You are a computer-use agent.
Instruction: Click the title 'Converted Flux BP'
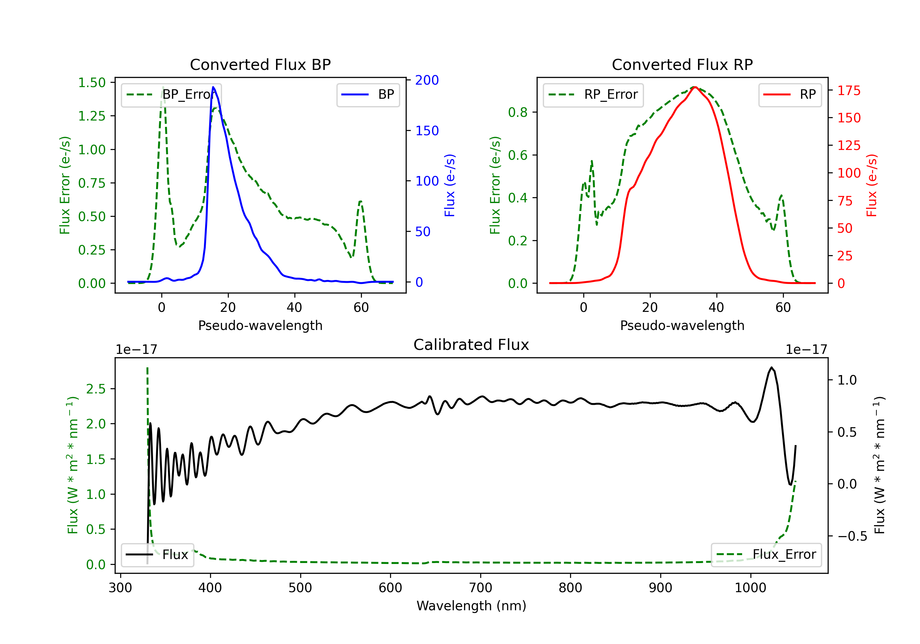point(260,64)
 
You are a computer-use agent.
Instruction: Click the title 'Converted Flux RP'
point(682,64)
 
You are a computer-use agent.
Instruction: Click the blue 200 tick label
point(427,80)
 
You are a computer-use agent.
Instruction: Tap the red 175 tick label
point(849,90)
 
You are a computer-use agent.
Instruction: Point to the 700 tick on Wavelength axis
point(481,588)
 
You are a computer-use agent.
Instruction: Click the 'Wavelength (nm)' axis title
point(471,606)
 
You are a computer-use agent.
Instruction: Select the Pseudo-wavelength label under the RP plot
point(682,325)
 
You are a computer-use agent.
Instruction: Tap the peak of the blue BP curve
point(213,87)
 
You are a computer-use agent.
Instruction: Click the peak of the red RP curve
point(695,87)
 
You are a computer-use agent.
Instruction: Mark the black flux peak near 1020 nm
point(771,367)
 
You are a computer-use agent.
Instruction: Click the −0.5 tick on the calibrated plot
point(852,536)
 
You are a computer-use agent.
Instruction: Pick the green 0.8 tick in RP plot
point(517,112)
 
